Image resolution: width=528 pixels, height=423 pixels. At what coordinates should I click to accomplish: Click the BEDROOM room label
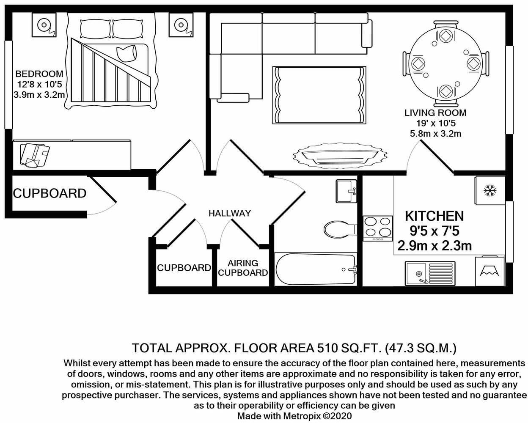[x=39, y=74]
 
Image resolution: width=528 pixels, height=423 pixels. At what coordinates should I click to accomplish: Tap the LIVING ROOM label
[x=435, y=113]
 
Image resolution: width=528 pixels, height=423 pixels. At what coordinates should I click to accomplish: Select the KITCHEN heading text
[x=434, y=216]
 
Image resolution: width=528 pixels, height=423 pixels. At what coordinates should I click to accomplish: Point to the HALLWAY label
[x=230, y=213]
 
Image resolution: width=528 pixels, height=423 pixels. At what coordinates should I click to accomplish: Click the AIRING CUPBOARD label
[x=243, y=268]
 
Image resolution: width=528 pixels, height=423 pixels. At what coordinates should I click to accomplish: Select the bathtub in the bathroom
[x=315, y=270]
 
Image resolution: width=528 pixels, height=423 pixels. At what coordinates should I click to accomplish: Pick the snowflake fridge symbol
[x=489, y=190]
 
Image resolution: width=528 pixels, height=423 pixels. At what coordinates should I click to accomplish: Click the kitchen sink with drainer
[x=430, y=273]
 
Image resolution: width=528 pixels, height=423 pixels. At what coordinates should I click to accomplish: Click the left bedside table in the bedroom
[x=44, y=25]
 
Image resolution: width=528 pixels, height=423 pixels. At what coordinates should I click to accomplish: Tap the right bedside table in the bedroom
[x=180, y=24]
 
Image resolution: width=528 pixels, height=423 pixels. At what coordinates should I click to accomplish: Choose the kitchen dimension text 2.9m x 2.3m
[x=434, y=246]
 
